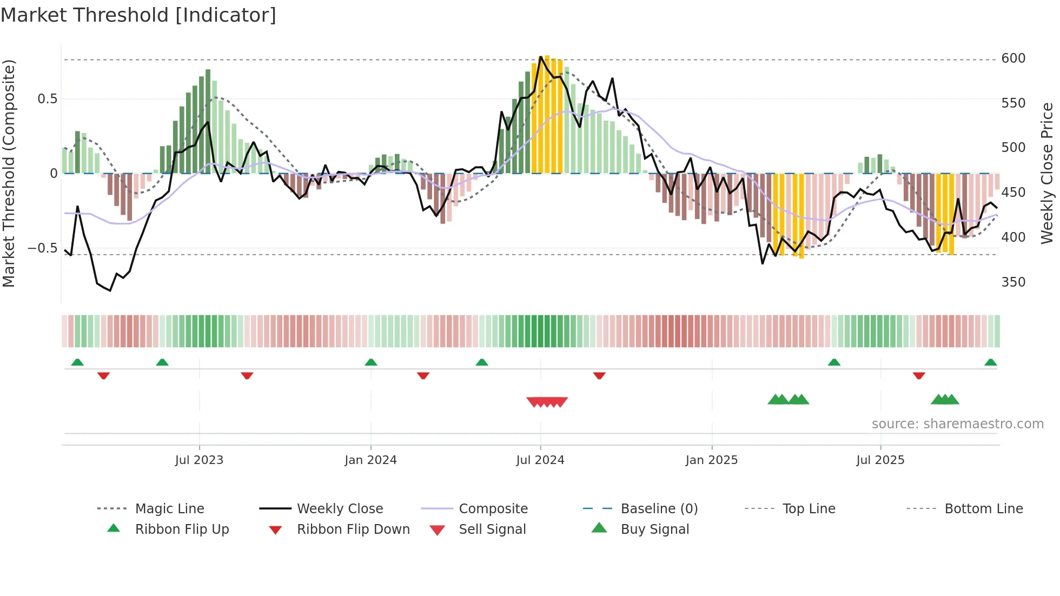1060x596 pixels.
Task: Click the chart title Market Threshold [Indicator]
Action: (138, 15)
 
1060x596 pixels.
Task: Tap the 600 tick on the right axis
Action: (1013, 58)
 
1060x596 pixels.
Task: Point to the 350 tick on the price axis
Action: (1013, 282)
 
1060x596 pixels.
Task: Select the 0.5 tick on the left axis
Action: (47, 99)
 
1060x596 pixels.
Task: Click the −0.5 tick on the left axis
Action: (42, 248)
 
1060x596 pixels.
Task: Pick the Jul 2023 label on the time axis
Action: (199, 460)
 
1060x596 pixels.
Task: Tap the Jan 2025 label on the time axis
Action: (711, 460)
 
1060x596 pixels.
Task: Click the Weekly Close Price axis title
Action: (1047, 173)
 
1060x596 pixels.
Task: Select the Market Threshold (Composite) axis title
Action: (9, 173)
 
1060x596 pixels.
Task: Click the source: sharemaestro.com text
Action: (957, 424)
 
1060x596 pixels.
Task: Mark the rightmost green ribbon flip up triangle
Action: (990, 362)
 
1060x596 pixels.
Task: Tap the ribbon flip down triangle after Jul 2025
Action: (919, 375)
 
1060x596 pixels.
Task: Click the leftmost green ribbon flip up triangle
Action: (77, 362)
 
